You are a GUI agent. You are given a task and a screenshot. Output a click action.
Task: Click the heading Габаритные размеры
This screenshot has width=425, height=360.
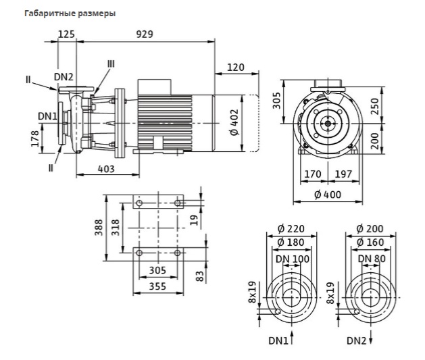point(70,14)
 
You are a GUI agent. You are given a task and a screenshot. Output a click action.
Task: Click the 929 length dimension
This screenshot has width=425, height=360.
point(145,34)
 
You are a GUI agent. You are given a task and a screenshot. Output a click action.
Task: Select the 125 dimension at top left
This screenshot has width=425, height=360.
point(66,34)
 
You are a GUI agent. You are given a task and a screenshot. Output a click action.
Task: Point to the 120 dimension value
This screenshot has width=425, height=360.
point(236,67)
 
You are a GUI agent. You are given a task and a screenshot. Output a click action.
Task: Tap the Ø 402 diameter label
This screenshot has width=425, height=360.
point(234,122)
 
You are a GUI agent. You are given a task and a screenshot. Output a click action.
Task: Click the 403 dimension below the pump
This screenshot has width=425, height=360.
point(106,169)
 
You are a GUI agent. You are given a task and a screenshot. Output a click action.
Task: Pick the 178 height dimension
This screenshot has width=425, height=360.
point(35,138)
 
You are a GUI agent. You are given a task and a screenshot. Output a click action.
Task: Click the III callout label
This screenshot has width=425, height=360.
point(111,64)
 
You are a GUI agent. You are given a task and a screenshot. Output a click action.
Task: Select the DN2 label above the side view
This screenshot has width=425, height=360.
point(64,77)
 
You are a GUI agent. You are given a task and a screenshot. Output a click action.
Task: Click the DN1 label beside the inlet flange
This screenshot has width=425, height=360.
point(47,116)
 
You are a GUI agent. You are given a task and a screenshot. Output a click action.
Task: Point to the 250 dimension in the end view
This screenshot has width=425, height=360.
point(374,107)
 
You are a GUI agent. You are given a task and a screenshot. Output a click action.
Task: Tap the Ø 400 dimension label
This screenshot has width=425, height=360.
point(328,195)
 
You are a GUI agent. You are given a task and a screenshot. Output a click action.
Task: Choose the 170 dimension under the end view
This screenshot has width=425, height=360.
point(313,174)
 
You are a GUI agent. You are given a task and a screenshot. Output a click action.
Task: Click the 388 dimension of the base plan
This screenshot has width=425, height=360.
point(99,228)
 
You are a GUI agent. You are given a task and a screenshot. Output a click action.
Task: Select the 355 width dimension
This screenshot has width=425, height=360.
point(157,286)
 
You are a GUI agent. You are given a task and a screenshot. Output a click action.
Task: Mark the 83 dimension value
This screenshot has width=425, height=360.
point(199,276)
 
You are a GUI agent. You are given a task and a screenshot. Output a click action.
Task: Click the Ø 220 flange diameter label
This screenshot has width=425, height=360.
point(291,229)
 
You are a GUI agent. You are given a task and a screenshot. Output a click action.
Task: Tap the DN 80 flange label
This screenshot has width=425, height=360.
point(372,259)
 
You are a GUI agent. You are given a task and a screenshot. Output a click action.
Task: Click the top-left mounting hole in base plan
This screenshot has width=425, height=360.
point(139,203)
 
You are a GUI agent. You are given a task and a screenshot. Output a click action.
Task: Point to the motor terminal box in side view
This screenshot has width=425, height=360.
point(155,87)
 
